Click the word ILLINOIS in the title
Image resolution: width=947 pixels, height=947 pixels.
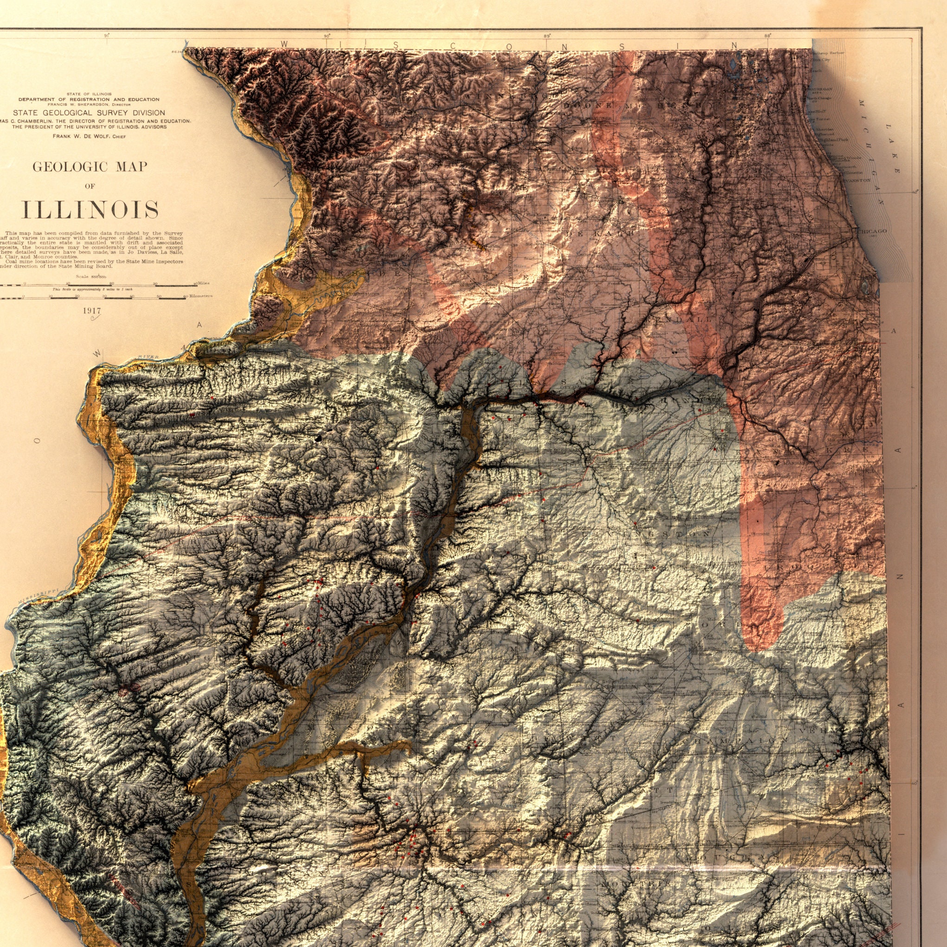click(x=91, y=210)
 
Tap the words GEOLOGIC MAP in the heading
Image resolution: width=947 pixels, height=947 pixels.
click(x=90, y=167)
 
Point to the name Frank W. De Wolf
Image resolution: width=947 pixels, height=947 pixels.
click(x=89, y=136)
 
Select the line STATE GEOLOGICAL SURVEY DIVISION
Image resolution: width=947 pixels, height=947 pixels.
click(x=89, y=113)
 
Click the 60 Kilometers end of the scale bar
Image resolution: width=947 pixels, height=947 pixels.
click(x=198, y=296)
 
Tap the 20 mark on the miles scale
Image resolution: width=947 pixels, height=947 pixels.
click(x=112, y=284)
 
